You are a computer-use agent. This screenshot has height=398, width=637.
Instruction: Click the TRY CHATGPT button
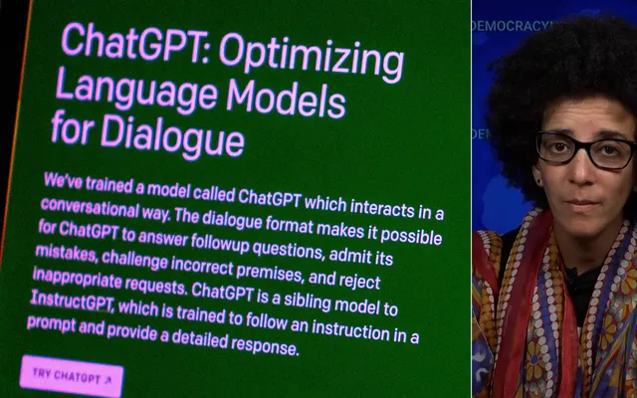[x=72, y=376]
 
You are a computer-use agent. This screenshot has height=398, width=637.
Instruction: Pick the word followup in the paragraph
[x=220, y=243]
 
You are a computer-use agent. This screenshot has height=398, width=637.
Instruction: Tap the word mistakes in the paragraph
[x=67, y=253]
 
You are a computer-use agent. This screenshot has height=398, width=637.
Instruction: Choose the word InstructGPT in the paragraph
[x=72, y=300]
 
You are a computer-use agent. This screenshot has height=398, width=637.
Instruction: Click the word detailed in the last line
[x=199, y=338]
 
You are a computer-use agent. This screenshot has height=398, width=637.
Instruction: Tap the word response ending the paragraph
[x=265, y=345]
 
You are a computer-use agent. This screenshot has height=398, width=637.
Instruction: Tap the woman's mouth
[x=583, y=203]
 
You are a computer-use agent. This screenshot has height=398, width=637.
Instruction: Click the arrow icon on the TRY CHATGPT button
[x=107, y=380]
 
